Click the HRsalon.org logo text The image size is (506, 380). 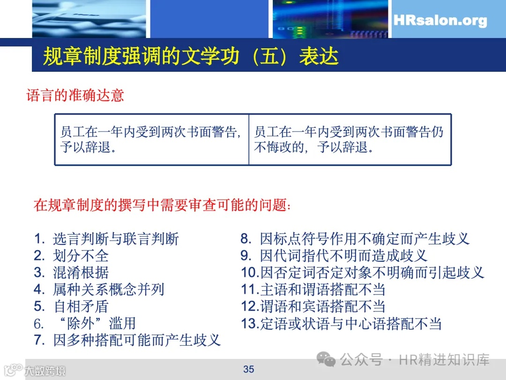[440, 21]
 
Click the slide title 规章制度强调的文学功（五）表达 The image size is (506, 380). [191, 56]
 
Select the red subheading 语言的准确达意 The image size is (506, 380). [75, 96]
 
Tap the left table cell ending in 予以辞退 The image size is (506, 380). [151, 139]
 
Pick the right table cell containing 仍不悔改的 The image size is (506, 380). [349, 139]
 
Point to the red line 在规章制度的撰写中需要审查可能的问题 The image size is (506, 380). [162, 205]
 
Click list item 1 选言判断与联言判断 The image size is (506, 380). [107, 239]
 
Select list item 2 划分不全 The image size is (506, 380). [71, 256]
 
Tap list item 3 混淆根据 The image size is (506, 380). [71, 273]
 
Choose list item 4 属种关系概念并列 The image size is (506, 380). [99, 289]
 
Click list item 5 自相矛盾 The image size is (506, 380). [71, 306]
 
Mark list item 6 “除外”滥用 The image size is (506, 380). [85, 323]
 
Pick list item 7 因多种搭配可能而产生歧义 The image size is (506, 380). [127, 340]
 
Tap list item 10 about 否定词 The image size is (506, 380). [362, 273]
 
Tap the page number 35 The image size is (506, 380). [248, 369]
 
